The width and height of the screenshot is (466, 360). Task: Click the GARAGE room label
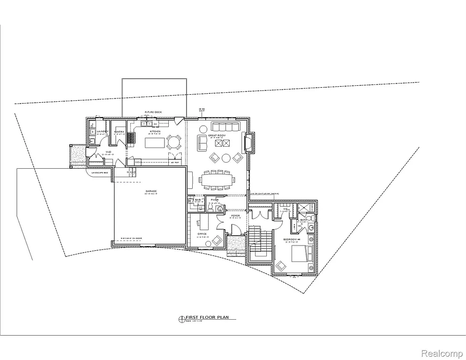click(151, 191)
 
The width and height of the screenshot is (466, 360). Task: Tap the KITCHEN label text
click(155, 132)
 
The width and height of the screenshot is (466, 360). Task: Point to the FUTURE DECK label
click(153, 112)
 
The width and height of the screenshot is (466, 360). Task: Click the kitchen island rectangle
click(155, 142)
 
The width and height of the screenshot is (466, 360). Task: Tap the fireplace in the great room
click(248, 142)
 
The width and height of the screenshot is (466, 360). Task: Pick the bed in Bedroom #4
click(302, 255)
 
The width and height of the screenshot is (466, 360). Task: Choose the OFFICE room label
click(202, 233)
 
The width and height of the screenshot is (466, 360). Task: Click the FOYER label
click(235, 216)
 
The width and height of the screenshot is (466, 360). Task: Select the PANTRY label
click(119, 132)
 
